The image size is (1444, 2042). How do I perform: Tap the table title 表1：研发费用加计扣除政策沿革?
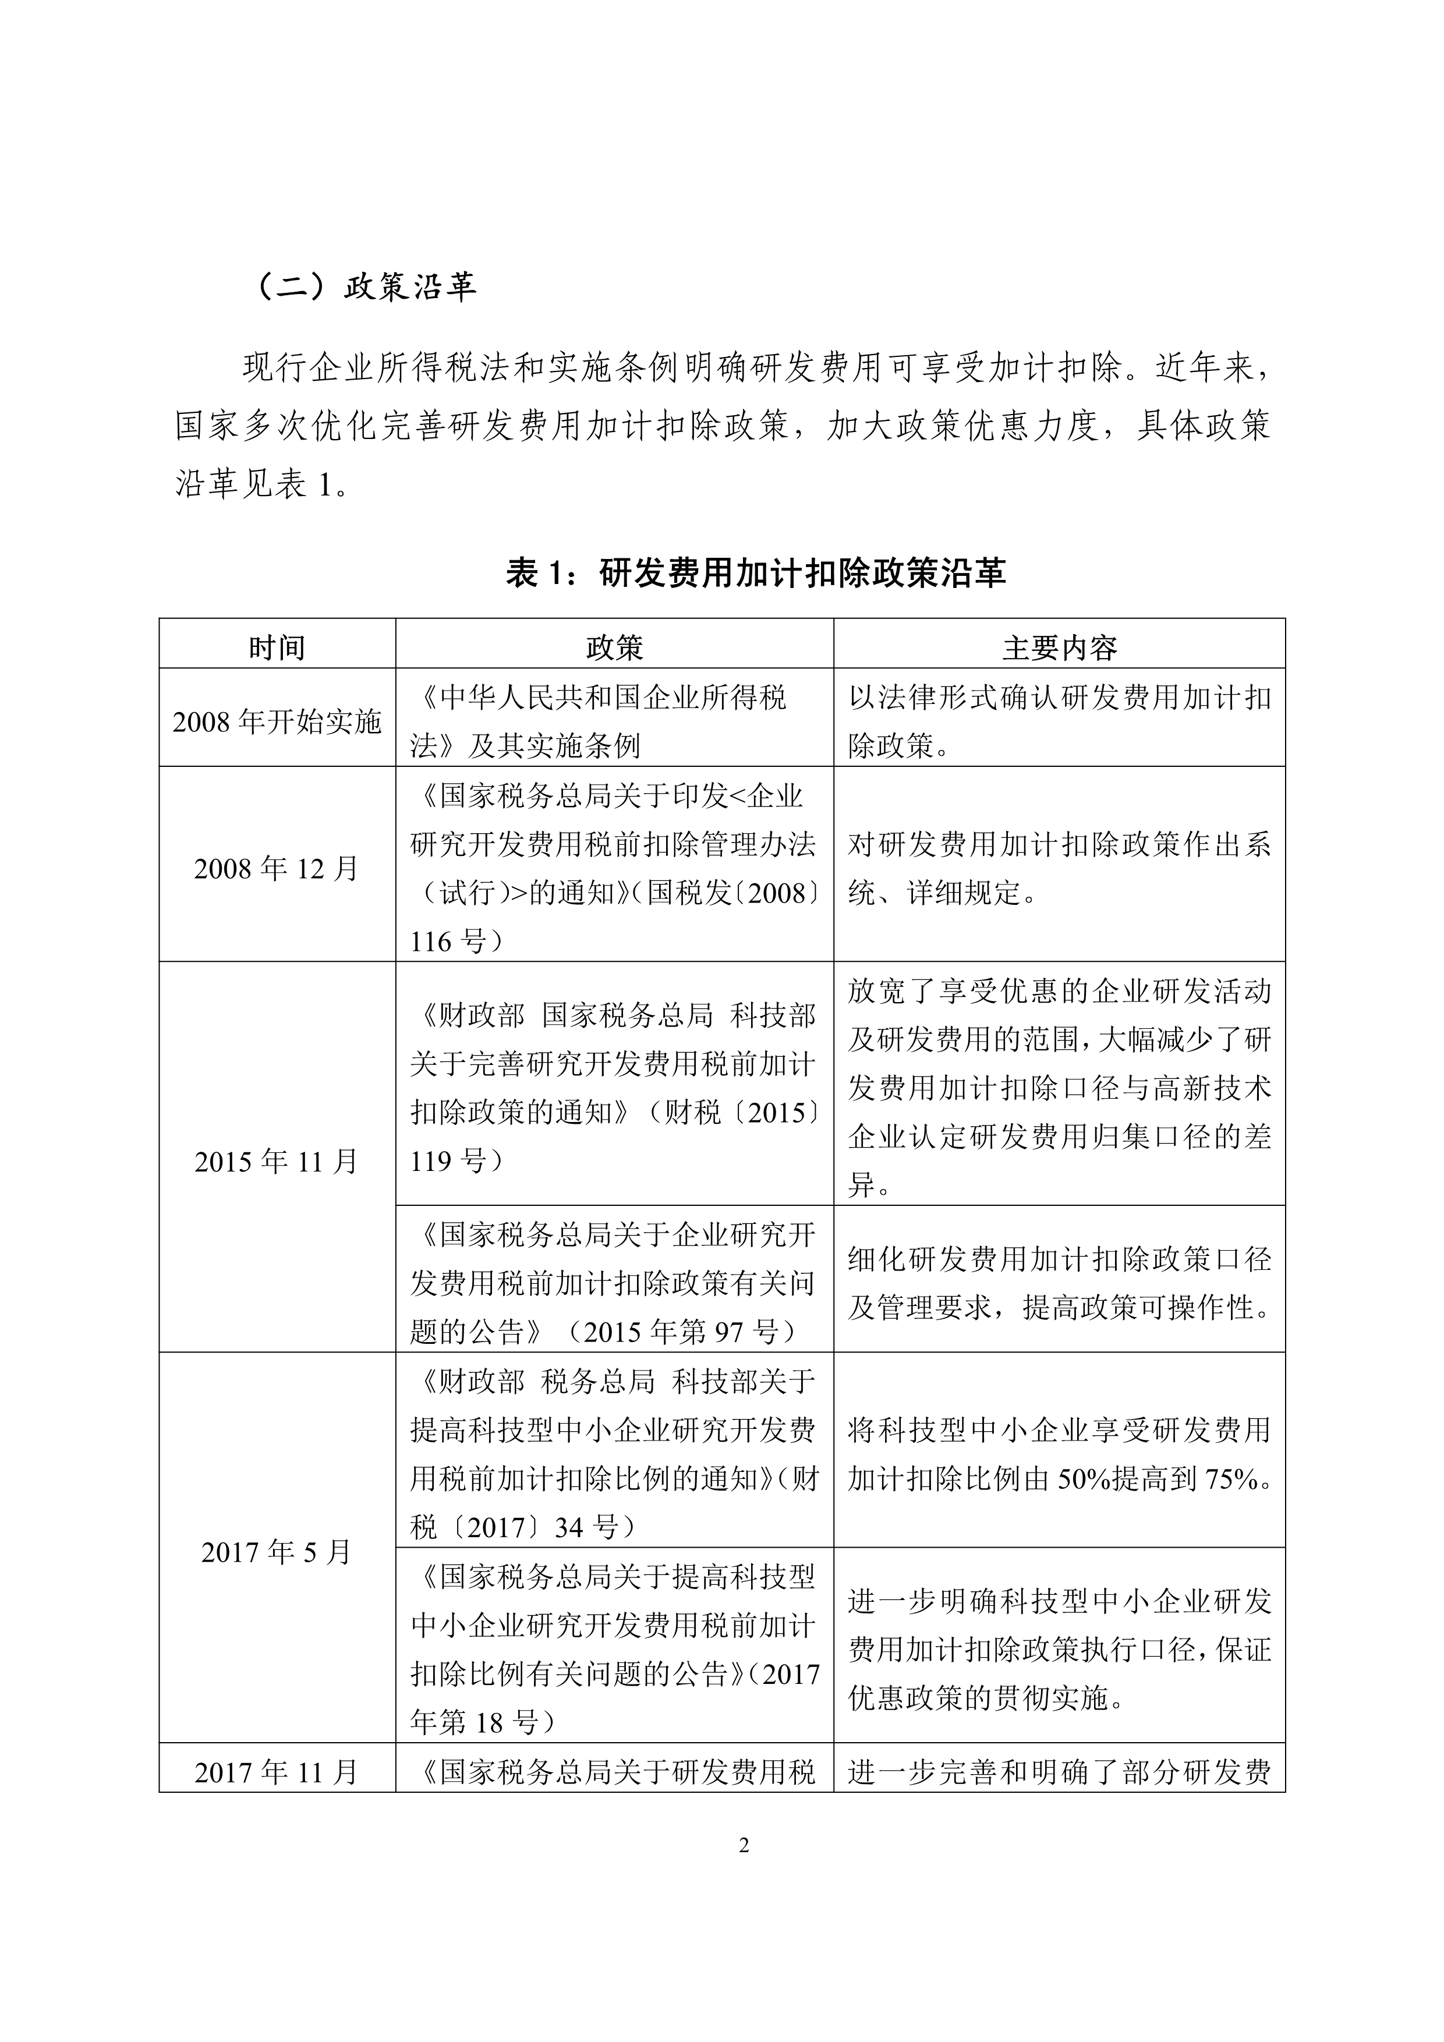point(756,572)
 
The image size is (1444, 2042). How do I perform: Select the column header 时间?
point(277,647)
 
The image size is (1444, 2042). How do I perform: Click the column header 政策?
point(614,647)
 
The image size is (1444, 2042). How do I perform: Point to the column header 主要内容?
point(1059,647)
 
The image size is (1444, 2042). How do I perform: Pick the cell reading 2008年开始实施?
point(277,721)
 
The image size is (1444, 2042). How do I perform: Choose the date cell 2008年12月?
point(277,868)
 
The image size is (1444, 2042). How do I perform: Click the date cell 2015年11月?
point(277,1160)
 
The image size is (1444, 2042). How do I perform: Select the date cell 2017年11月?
point(277,1772)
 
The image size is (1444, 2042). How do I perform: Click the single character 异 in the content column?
point(861,1185)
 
